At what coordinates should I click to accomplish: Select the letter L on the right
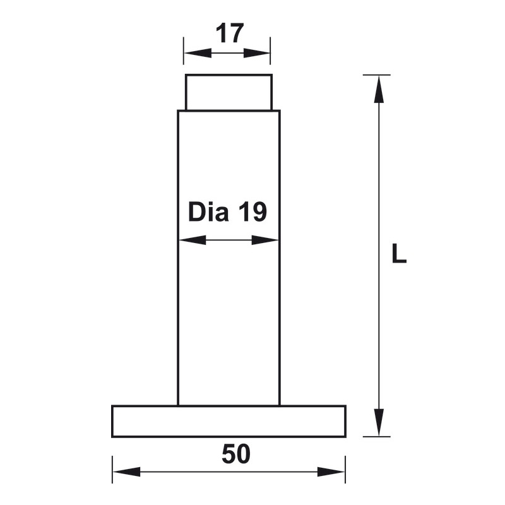tap(398, 254)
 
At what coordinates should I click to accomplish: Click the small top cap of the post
tap(229, 92)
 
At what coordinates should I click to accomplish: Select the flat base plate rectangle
tap(229, 421)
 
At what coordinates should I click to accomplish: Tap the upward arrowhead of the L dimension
tap(379, 88)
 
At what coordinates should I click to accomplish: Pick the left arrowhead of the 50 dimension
tap(125, 472)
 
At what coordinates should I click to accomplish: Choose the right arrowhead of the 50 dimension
tap(332, 472)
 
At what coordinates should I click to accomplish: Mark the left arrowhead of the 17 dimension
tap(194, 53)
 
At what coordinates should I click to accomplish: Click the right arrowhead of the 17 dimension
tap(259, 53)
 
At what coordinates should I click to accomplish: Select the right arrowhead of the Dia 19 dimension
tap(266, 240)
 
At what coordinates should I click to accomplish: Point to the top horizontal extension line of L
tap(377, 74)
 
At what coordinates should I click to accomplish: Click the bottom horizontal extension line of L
tap(377, 436)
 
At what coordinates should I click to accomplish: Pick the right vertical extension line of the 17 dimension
tap(270, 50)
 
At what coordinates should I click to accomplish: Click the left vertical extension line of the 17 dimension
tap(184, 50)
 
